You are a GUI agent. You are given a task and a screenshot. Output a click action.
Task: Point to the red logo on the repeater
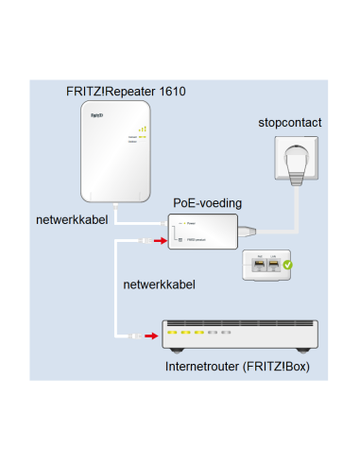tap(95, 115)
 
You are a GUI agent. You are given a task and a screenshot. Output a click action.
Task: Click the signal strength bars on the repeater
tap(142, 129)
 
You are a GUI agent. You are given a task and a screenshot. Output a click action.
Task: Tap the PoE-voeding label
tap(207, 203)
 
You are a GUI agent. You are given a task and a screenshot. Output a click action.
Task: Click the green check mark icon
tap(287, 268)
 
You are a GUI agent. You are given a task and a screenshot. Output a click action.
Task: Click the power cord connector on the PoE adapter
tap(247, 232)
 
